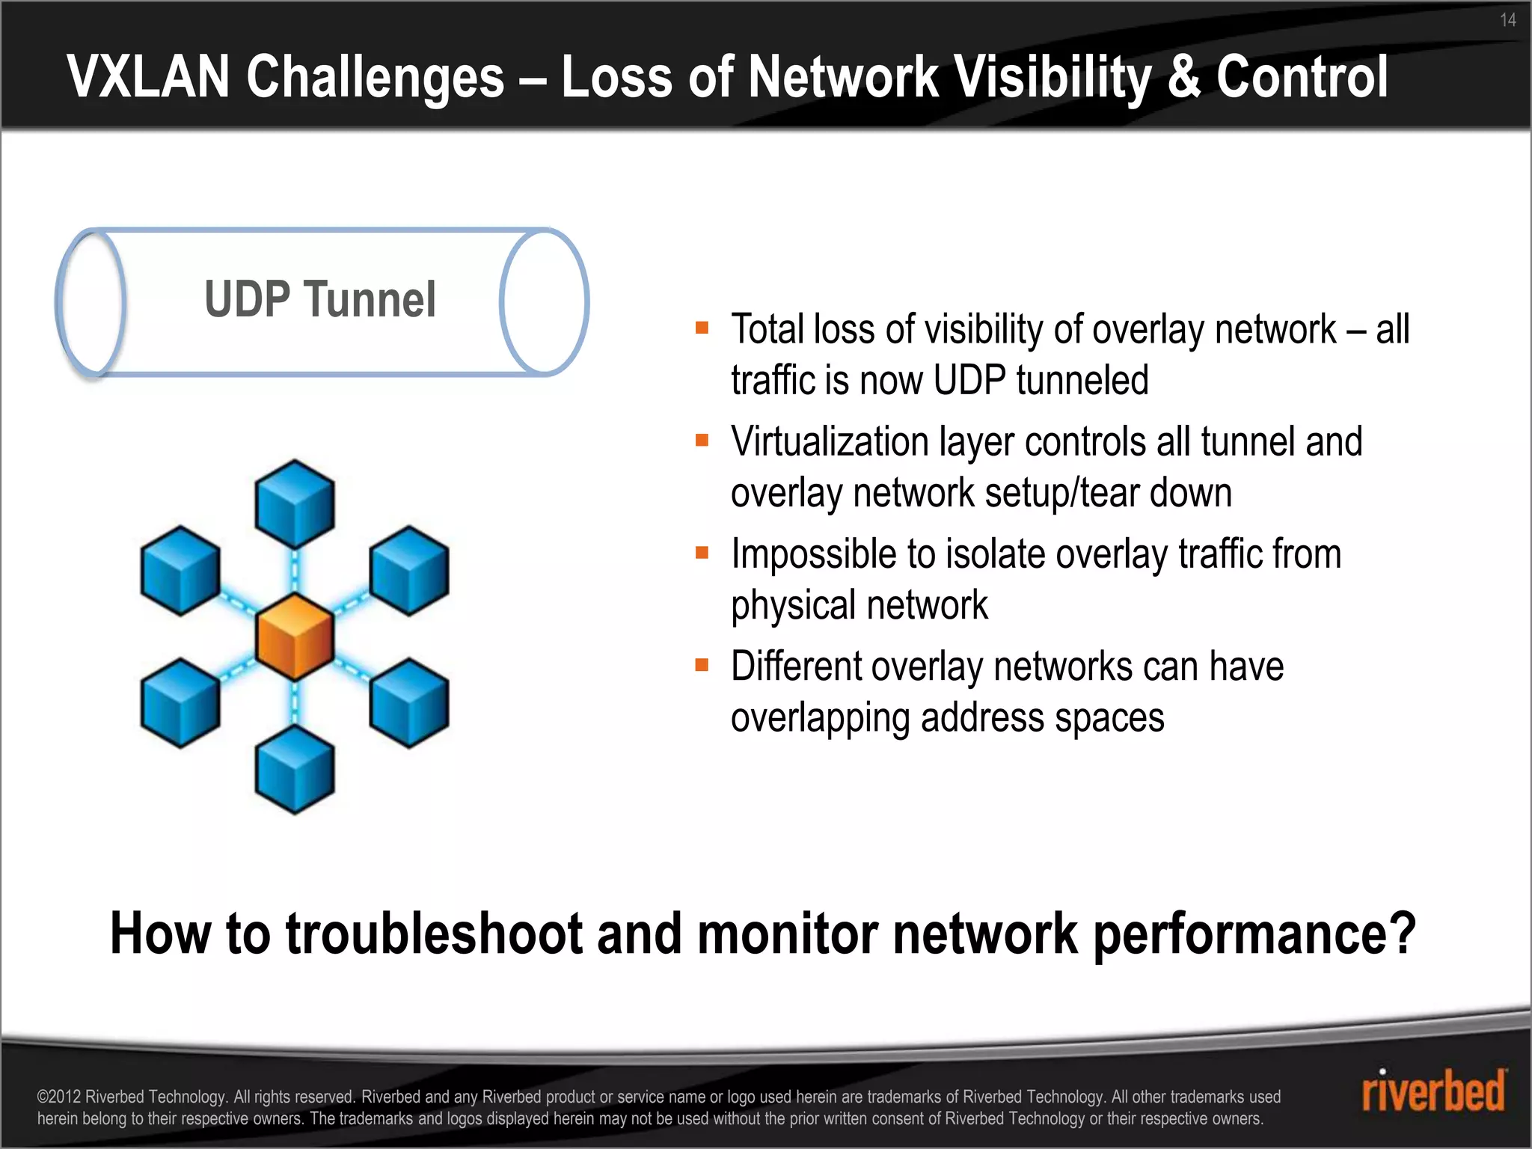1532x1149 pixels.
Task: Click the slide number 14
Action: (x=1507, y=20)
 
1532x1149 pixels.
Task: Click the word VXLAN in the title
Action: (x=147, y=77)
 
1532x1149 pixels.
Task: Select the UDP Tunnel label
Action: (x=319, y=299)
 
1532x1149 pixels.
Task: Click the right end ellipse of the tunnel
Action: (x=545, y=301)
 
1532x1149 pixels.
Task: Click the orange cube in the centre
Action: (x=294, y=637)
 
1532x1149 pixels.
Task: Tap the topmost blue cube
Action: (x=294, y=503)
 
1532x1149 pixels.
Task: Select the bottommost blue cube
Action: (x=294, y=769)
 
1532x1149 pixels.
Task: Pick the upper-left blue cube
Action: (x=180, y=570)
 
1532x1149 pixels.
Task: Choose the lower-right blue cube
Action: (x=408, y=703)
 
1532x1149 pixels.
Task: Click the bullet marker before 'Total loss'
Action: (x=702, y=328)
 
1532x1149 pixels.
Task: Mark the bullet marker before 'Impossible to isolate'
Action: (x=702, y=553)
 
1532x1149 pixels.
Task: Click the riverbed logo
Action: (x=1433, y=1091)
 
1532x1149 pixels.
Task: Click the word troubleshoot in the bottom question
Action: (x=434, y=934)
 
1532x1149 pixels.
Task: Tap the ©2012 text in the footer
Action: (x=60, y=1097)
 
